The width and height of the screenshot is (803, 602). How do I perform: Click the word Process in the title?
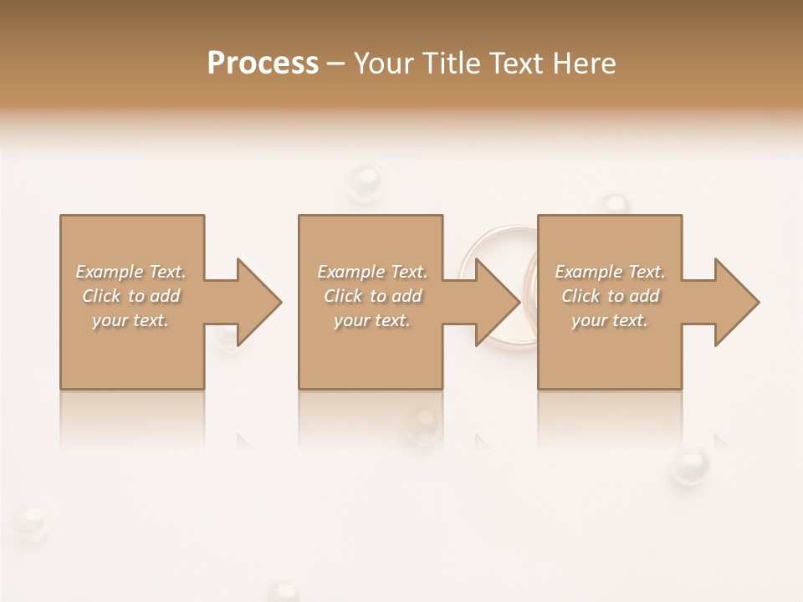(x=263, y=64)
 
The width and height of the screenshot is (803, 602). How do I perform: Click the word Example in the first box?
(x=108, y=272)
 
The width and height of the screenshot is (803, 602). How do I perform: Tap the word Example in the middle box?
(x=350, y=272)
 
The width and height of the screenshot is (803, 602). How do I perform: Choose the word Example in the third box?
(x=587, y=272)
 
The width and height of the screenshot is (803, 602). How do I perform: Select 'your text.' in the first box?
(x=131, y=320)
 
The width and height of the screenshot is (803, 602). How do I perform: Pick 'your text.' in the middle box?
(x=372, y=320)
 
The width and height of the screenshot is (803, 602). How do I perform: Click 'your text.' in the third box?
(x=610, y=320)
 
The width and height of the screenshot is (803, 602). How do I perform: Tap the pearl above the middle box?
(x=365, y=180)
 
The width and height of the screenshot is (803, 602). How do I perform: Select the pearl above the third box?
(x=615, y=203)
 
